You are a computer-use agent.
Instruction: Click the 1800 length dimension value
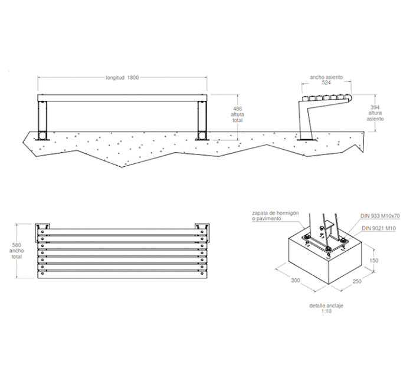(x=133, y=78)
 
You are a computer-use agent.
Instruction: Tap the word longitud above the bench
(x=115, y=78)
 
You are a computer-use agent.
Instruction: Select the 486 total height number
(x=238, y=108)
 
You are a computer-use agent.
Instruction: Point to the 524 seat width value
(x=326, y=83)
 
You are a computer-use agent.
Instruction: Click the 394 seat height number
(x=375, y=107)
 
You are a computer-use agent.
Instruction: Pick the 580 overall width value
(x=17, y=245)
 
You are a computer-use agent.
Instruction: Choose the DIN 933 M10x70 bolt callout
(x=380, y=216)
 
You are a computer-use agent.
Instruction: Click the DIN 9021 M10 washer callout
(x=379, y=228)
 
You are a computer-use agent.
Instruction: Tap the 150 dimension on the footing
(x=373, y=261)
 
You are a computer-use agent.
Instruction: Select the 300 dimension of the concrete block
(x=295, y=281)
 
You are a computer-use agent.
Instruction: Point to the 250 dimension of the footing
(x=357, y=281)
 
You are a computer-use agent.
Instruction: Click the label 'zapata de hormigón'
(x=276, y=213)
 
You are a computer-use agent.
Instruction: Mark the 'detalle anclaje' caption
(x=326, y=306)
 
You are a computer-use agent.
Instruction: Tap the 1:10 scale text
(x=326, y=311)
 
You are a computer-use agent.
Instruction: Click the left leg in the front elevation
(x=42, y=120)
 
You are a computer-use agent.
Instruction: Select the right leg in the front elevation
(x=202, y=120)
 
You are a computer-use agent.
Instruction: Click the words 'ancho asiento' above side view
(x=326, y=77)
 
